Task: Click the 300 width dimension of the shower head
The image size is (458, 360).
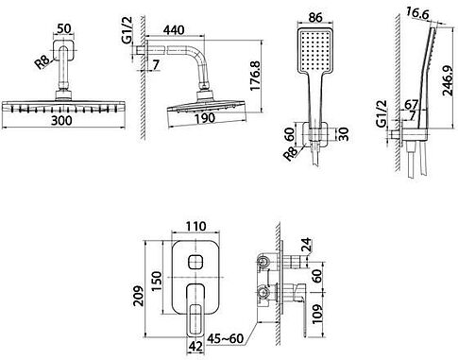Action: pyautogui.click(x=62, y=120)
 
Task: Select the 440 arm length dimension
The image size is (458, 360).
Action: pyautogui.click(x=174, y=30)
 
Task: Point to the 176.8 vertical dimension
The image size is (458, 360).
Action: pyautogui.click(x=255, y=76)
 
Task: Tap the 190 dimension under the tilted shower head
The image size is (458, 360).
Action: pyautogui.click(x=205, y=118)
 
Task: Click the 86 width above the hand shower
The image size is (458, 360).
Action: pyautogui.click(x=315, y=17)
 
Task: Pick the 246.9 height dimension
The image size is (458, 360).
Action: pyautogui.click(x=448, y=81)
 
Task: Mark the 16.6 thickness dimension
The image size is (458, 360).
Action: pyautogui.click(x=417, y=14)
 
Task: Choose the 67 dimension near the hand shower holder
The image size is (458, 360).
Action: pyautogui.click(x=411, y=104)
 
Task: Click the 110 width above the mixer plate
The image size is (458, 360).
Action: pyautogui.click(x=195, y=226)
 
